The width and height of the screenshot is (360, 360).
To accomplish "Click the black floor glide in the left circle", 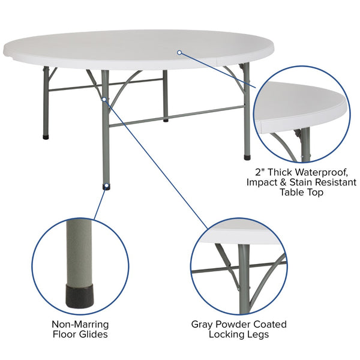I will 79,294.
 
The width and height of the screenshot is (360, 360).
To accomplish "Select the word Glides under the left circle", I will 93,334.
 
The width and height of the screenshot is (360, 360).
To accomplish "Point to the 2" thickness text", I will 260,172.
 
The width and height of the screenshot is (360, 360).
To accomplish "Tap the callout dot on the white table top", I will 179,53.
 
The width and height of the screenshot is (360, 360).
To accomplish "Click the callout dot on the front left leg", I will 104,99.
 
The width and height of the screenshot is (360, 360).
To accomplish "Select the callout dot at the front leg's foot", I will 106,187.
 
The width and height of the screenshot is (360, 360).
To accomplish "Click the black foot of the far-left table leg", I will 46,137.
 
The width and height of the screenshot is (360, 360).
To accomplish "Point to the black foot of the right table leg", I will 247,158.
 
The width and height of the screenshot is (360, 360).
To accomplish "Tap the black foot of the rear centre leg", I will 166,120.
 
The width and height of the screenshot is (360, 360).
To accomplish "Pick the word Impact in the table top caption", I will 263,182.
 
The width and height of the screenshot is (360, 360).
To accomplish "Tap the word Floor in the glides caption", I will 65,334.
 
